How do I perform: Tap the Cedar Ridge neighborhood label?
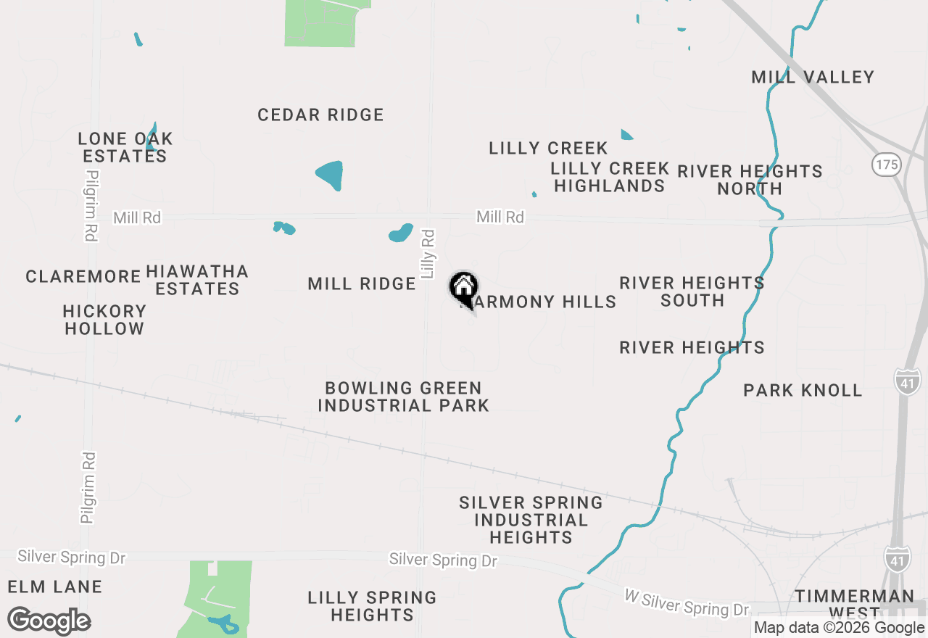click(320, 115)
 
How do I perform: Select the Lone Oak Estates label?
click(125, 147)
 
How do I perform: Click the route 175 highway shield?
click(886, 165)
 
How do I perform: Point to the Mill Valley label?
click(813, 77)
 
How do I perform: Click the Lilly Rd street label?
click(428, 254)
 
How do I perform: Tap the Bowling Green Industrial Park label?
click(403, 397)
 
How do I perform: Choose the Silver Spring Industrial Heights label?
click(531, 520)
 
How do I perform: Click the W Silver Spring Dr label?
click(686, 602)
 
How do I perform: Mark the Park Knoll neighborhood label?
click(803, 390)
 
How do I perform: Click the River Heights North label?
click(750, 180)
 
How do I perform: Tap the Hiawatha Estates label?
click(197, 280)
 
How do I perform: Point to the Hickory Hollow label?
click(104, 320)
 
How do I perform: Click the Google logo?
click(49, 621)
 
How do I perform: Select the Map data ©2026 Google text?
click(839, 628)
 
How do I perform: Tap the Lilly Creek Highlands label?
click(609, 177)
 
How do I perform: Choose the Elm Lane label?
click(55, 586)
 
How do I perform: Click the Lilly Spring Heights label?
click(372, 606)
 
